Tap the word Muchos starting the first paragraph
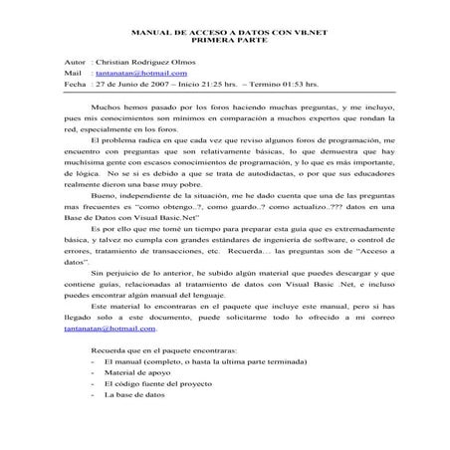(104, 105)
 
